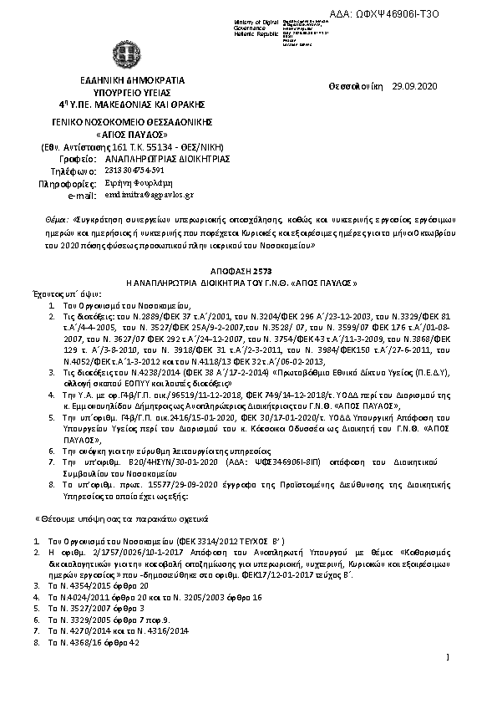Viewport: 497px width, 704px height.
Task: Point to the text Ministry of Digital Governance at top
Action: (x=256, y=24)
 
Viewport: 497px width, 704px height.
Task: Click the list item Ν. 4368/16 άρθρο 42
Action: (x=94, y=641)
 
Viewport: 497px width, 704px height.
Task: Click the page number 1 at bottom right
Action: (x=449, y=658)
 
